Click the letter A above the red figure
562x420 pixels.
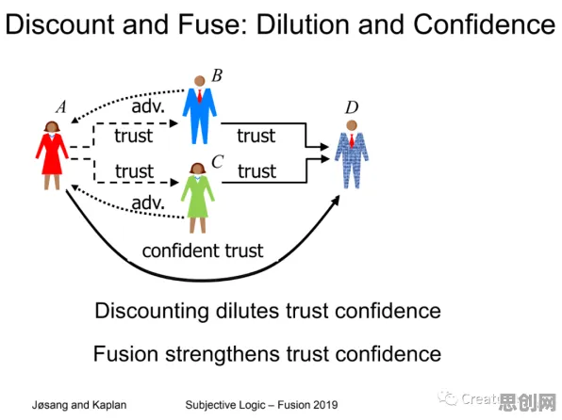pyautogui.click(x=61, y=106)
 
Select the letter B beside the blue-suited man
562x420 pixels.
pyautogui.click(x=217, y=75)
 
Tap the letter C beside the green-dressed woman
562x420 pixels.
pyautogui.click(x=218, y=161)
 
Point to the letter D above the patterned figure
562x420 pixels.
pyautogui.click(x=352, y=107)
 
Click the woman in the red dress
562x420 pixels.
pyautogui.click(x=52, y=155)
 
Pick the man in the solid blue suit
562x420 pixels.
pyautogui.click(x=199, y=110)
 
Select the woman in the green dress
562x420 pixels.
pyautogui.click(x=197, y=198)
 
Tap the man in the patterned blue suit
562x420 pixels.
pyautogui.click(x=352, y=154)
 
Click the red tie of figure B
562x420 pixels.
pyautogui.click(x=200, y=96)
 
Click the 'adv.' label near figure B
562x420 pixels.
pyautogui.click(x=148, y=106)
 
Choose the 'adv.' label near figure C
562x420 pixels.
pyautogui.click(x=148, y=203)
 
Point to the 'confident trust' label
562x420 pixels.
pyautogui.click(x=203, y=250)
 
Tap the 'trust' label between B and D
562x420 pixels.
pyautogui.click(x=256, y=136)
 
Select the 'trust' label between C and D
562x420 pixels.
pyautogui.click(x=256, y=171)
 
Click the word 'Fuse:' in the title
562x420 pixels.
pyautogui.click(x=212, y=24)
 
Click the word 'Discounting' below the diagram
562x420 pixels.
pyautogui.click(x=152, y=311)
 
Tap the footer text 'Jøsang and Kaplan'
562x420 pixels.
pyautogui.click(x=79, y=405)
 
